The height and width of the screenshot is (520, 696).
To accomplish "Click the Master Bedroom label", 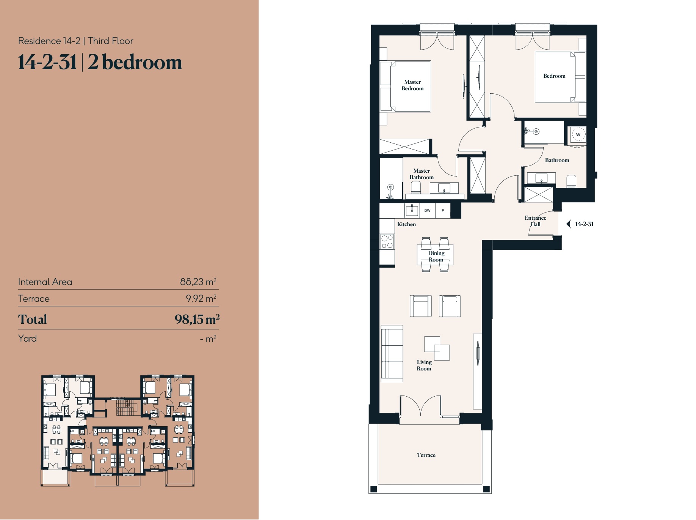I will (412, 85).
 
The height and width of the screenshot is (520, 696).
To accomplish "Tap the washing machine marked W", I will (578, 135).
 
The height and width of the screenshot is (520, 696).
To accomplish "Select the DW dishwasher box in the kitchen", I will (427, 211).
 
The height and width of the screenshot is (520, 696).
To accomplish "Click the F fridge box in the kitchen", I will (443, 211).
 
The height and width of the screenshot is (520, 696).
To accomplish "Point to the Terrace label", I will (426, 455).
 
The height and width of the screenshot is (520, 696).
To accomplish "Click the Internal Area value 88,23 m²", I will (198, 282).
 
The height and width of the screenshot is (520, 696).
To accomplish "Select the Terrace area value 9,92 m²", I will (201, 299).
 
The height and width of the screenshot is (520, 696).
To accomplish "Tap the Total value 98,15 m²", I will (197, 319).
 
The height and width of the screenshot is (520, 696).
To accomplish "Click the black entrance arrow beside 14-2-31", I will (568, 224).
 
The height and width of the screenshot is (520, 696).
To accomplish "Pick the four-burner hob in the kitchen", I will (387, 242).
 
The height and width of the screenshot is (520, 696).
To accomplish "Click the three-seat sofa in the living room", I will (392, 353).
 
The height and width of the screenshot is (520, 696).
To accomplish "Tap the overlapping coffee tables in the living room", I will (437, 348).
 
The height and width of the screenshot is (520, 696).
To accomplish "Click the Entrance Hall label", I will (535, 221).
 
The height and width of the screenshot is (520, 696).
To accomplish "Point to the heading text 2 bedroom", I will (135, 63).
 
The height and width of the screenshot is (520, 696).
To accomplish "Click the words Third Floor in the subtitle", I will (111, 41).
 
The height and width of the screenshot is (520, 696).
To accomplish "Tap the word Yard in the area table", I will (27, 339).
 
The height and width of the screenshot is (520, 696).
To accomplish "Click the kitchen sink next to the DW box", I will (412, 210).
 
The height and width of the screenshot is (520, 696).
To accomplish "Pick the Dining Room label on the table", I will (436, 256).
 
